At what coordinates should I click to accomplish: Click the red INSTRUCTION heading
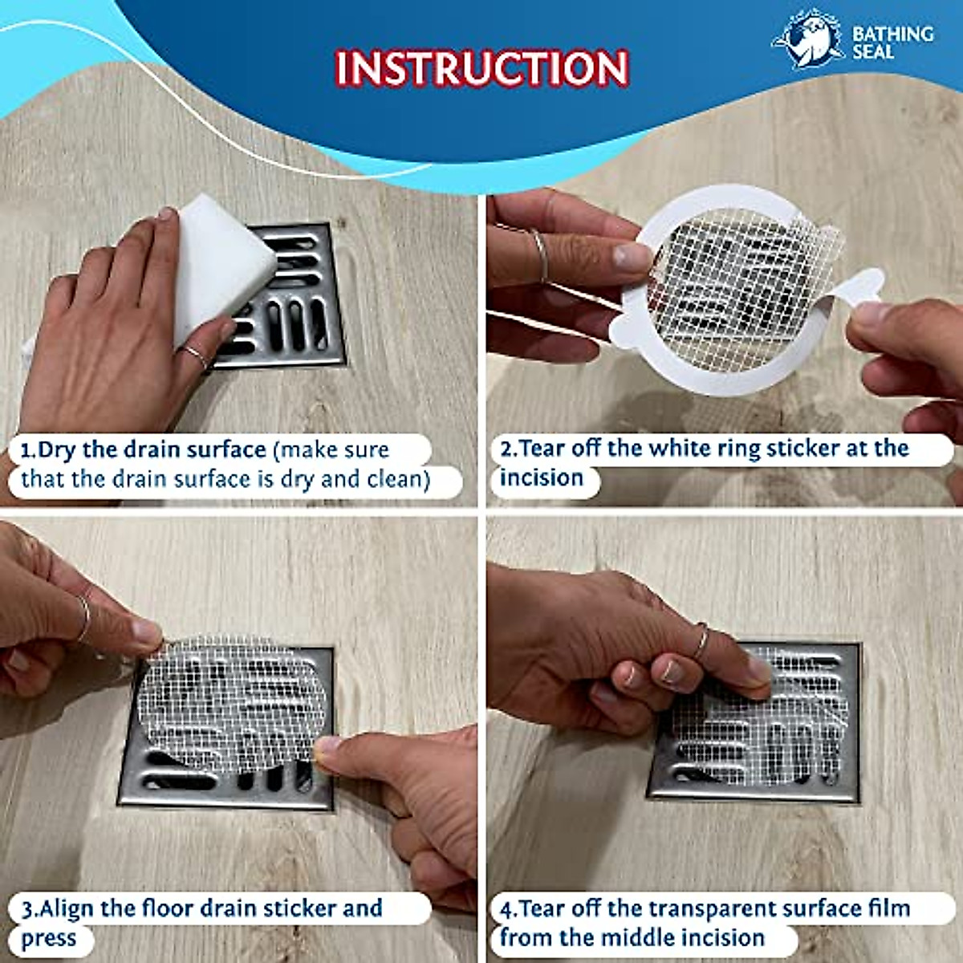pyautogui.click(x=481, y=68)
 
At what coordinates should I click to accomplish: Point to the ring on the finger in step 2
pyautogui.click(x=540, y=255)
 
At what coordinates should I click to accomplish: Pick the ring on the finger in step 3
pyautogui.click(x=83, y=618)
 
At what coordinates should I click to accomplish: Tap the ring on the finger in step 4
pyautogui.click(x=701, y=642)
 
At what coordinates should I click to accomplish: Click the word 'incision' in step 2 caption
pyautogui.click(x=542, y=478)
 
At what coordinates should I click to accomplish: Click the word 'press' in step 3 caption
pyautogui.click(x=48, y=939)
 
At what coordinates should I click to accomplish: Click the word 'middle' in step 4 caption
pyautogui.click(x=641, y=937)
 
